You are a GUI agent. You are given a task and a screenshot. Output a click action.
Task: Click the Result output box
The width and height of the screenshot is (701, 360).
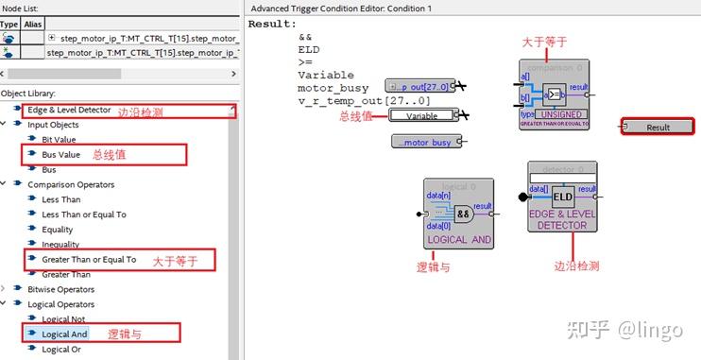click(658, 127)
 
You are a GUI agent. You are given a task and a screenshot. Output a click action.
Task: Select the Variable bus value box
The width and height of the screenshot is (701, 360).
click(421, 115)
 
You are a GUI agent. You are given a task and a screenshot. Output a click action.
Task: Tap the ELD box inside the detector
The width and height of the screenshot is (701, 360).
click(563, 196)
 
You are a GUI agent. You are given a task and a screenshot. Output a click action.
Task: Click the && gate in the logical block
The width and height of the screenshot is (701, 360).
click(463, 213)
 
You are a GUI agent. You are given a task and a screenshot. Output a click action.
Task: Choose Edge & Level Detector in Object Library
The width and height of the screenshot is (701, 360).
click(69, 110)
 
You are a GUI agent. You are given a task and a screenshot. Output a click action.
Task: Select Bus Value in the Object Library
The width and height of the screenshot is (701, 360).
click(62, 154)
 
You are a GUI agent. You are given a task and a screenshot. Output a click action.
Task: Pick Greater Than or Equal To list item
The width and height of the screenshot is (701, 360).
click(89, 259)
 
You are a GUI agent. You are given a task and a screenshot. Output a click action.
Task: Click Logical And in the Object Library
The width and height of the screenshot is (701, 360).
click(64, 334)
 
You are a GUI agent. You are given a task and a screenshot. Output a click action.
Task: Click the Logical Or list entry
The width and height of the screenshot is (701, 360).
click(62, 349)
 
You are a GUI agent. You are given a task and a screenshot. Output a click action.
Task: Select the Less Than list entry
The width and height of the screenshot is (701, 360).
click(61, 199)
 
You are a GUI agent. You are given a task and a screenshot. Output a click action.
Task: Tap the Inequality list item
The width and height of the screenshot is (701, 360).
click(60, 244)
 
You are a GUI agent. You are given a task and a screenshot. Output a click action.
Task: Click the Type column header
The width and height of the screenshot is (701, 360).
click(9, 23)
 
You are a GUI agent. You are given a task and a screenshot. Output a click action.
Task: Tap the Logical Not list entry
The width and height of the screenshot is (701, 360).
click(64, 319)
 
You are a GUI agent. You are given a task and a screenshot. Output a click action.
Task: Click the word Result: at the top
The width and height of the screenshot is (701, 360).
click(272, 23)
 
